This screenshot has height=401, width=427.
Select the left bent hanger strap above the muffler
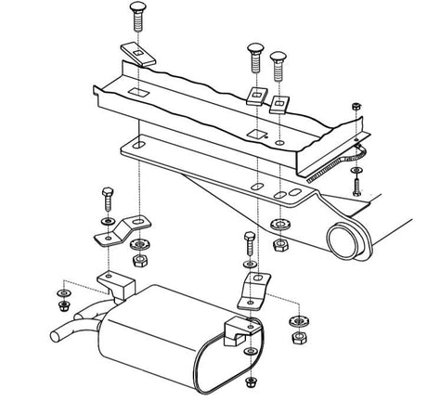[x=121, y=229]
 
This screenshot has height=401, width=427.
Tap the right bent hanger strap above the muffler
[x=252, y=287]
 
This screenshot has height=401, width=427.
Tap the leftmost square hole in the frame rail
[x=136, y=92]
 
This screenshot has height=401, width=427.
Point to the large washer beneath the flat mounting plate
[x=278, y=225]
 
